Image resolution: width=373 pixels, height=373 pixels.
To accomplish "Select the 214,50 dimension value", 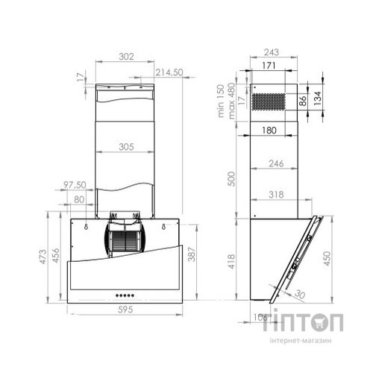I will point(170,72).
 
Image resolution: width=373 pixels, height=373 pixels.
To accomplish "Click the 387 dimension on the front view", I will point(193,256).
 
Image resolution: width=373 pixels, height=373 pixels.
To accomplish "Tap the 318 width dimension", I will point(275,195).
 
